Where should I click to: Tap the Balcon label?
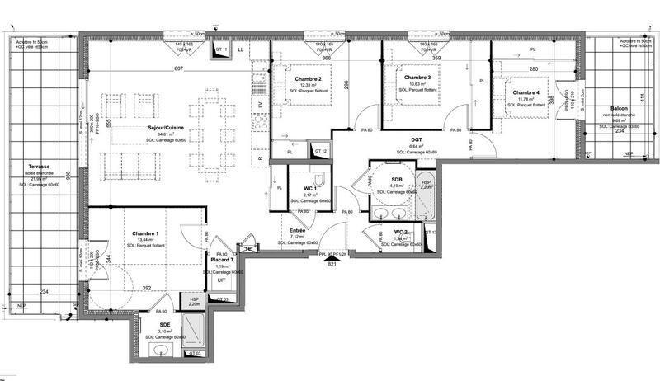pyautogui.click(x=622, y=109)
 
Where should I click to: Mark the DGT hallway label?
pyautogui.click(x=417, y=141)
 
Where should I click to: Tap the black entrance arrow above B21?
pyautogui.click(x=332, y=255)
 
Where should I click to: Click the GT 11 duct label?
pyautogui.click(x=220, y=51)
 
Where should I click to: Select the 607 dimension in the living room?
pyautogui.click(x=178, y=68)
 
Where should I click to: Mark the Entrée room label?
pyautogui.click(x=298, y=232)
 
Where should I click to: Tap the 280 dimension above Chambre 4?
pyautogui.click(x=533, y=68)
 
